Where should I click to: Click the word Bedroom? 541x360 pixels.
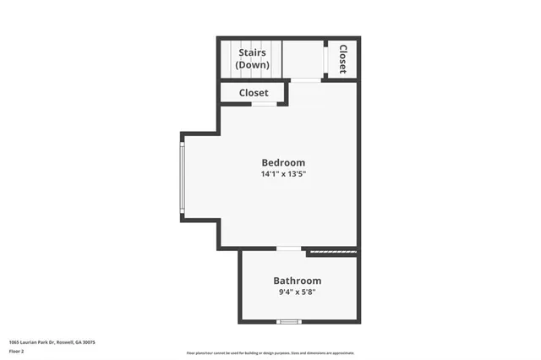tap(283, 162)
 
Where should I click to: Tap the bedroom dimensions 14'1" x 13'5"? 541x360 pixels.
tap(283, 174)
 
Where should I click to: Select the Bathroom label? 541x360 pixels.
tap(297, 281)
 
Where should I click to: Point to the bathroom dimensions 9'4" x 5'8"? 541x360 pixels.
tap(297, 292)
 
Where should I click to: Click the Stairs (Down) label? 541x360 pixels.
tap(252, 59)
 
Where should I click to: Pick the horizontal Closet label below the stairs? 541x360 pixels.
tap(254, 93)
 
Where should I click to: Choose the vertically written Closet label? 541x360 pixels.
tap(342, 59)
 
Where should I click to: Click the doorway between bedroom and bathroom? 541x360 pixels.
tap(289, 248)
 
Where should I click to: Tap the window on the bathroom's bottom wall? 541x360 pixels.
tap(290, 321)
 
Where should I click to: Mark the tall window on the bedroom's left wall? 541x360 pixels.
tap(182, 177)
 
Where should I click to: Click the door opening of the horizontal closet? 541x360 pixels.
tap(264, 104)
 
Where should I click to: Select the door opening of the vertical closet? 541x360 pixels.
tap(327, 58)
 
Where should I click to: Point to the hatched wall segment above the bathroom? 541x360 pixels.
tap(331, 251)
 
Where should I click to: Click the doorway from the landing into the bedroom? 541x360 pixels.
tap(306, 80)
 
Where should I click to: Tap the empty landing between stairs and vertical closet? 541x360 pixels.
tap(303, 58)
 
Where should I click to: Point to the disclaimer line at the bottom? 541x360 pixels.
tap(270, 352)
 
